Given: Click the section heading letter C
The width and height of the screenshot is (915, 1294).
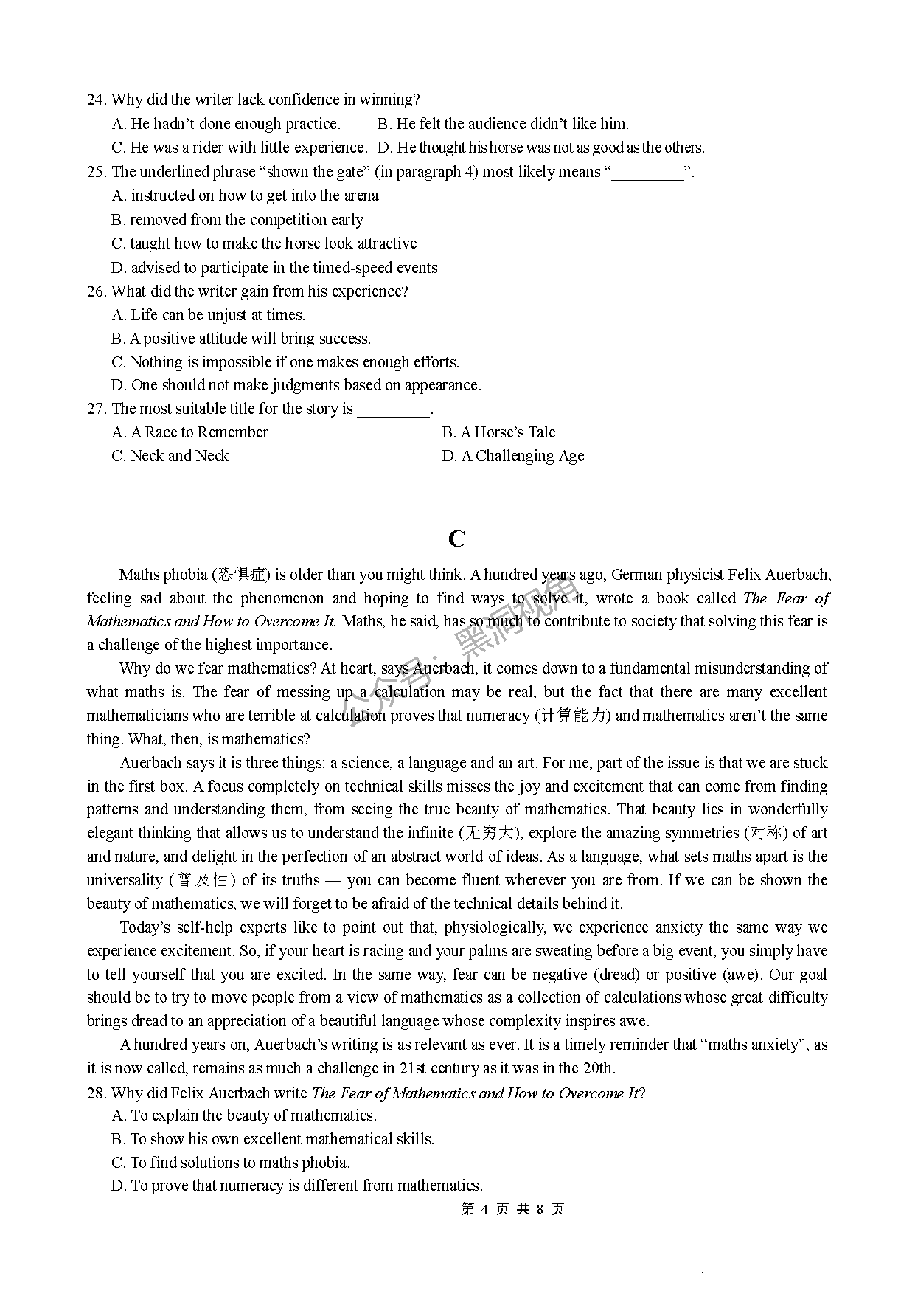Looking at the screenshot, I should (x=456, y=539).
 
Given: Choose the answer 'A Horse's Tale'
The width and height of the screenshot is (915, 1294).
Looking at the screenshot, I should (x=498, y=432).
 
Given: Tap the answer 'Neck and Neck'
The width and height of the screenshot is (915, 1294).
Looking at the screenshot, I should (x=170, y=456).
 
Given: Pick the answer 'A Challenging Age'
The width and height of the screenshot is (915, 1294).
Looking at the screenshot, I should (x=513, y=456).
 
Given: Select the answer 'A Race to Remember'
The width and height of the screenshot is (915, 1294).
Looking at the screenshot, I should (x=190, y=432).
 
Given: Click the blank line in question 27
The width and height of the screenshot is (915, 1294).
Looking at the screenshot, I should (x=393, y=410).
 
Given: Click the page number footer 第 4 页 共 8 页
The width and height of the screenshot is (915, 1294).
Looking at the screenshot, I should (x=512, y=1209).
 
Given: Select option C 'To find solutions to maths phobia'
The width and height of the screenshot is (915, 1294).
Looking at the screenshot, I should (x=231, y=1163).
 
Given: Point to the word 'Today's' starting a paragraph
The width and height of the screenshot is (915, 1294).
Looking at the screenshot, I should (x=145, y=927).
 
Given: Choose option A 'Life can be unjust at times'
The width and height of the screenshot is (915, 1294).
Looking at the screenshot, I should (x=209, y=315).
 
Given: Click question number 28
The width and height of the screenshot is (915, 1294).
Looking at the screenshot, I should (x=97, y=1093).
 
